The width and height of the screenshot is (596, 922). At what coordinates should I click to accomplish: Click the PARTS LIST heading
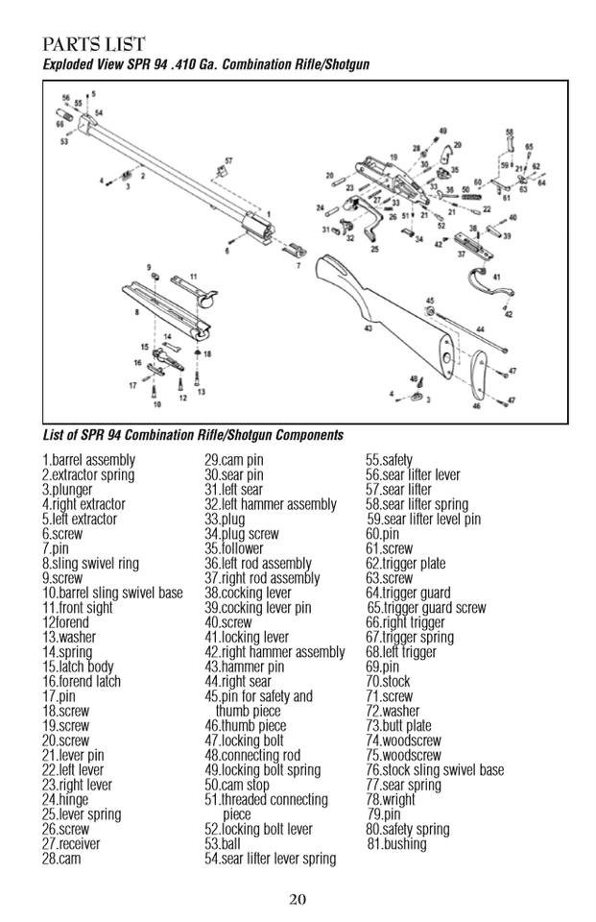[x=94, y=44]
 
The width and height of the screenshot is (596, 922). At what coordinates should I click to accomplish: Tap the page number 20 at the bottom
[x=298, y=899]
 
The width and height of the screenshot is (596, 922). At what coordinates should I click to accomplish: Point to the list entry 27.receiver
[x=70, y=844]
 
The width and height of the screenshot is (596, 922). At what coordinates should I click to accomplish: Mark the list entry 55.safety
[x=389, y=460]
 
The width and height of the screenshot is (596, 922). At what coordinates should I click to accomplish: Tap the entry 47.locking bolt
[x=244, y=740]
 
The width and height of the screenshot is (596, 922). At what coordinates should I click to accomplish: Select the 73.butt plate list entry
[x=398, y=726]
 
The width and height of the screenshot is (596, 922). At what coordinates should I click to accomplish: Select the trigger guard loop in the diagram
[x=489, y=284]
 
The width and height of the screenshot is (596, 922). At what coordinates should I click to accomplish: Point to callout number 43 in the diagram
[x=368, y=328]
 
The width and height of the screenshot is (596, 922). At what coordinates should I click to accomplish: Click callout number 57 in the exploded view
[x=228, y=159]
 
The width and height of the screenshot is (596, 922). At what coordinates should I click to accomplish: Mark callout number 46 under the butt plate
[x=476, y=406]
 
